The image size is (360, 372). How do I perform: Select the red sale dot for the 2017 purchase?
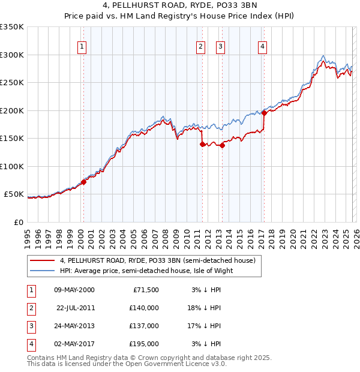[264, 113]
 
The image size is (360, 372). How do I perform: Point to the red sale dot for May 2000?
[83, 182]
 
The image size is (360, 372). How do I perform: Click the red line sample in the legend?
[42, 260]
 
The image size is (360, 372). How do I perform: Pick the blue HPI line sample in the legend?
[42, 271]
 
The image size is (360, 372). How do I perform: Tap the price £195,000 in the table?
[143, 344]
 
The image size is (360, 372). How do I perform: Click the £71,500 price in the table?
[145, 289]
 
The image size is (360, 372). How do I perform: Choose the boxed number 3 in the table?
[30, 326]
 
